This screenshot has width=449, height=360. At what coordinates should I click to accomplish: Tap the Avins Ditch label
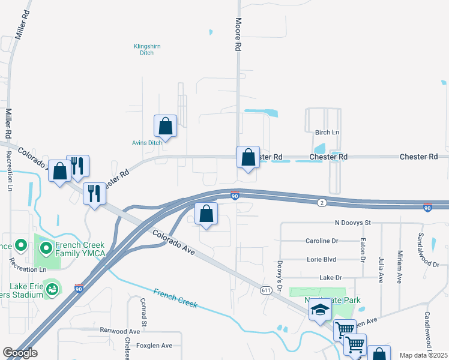pyautogui.click(x=147, y=143)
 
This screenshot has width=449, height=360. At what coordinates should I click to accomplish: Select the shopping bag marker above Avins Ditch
pyautogui.click(x=165, y=127)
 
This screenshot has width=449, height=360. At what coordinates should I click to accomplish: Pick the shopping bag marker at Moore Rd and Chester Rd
pyautogui.click(x=248, y=158)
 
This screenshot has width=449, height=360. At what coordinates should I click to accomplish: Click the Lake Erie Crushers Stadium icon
pyautogui.click(x=52, y=289)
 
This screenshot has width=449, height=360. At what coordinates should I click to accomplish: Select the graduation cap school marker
pyautogui.click(x=320, y=310)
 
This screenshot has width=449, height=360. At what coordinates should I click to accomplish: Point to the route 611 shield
pyautogui.click(x=266, y=290)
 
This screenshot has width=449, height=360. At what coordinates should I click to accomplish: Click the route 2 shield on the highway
pyautogui.click(x=322, y=203)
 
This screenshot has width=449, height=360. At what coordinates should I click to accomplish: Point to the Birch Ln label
pyautogui.click(x=327, y=132)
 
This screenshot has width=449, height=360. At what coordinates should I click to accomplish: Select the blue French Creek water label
pyautogui.click(x=175, y=298)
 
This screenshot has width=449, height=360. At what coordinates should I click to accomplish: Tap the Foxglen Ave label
pyautogui.click(x=154, y=346)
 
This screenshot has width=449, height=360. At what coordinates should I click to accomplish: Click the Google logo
pyautogui.click(x=20, y=353)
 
